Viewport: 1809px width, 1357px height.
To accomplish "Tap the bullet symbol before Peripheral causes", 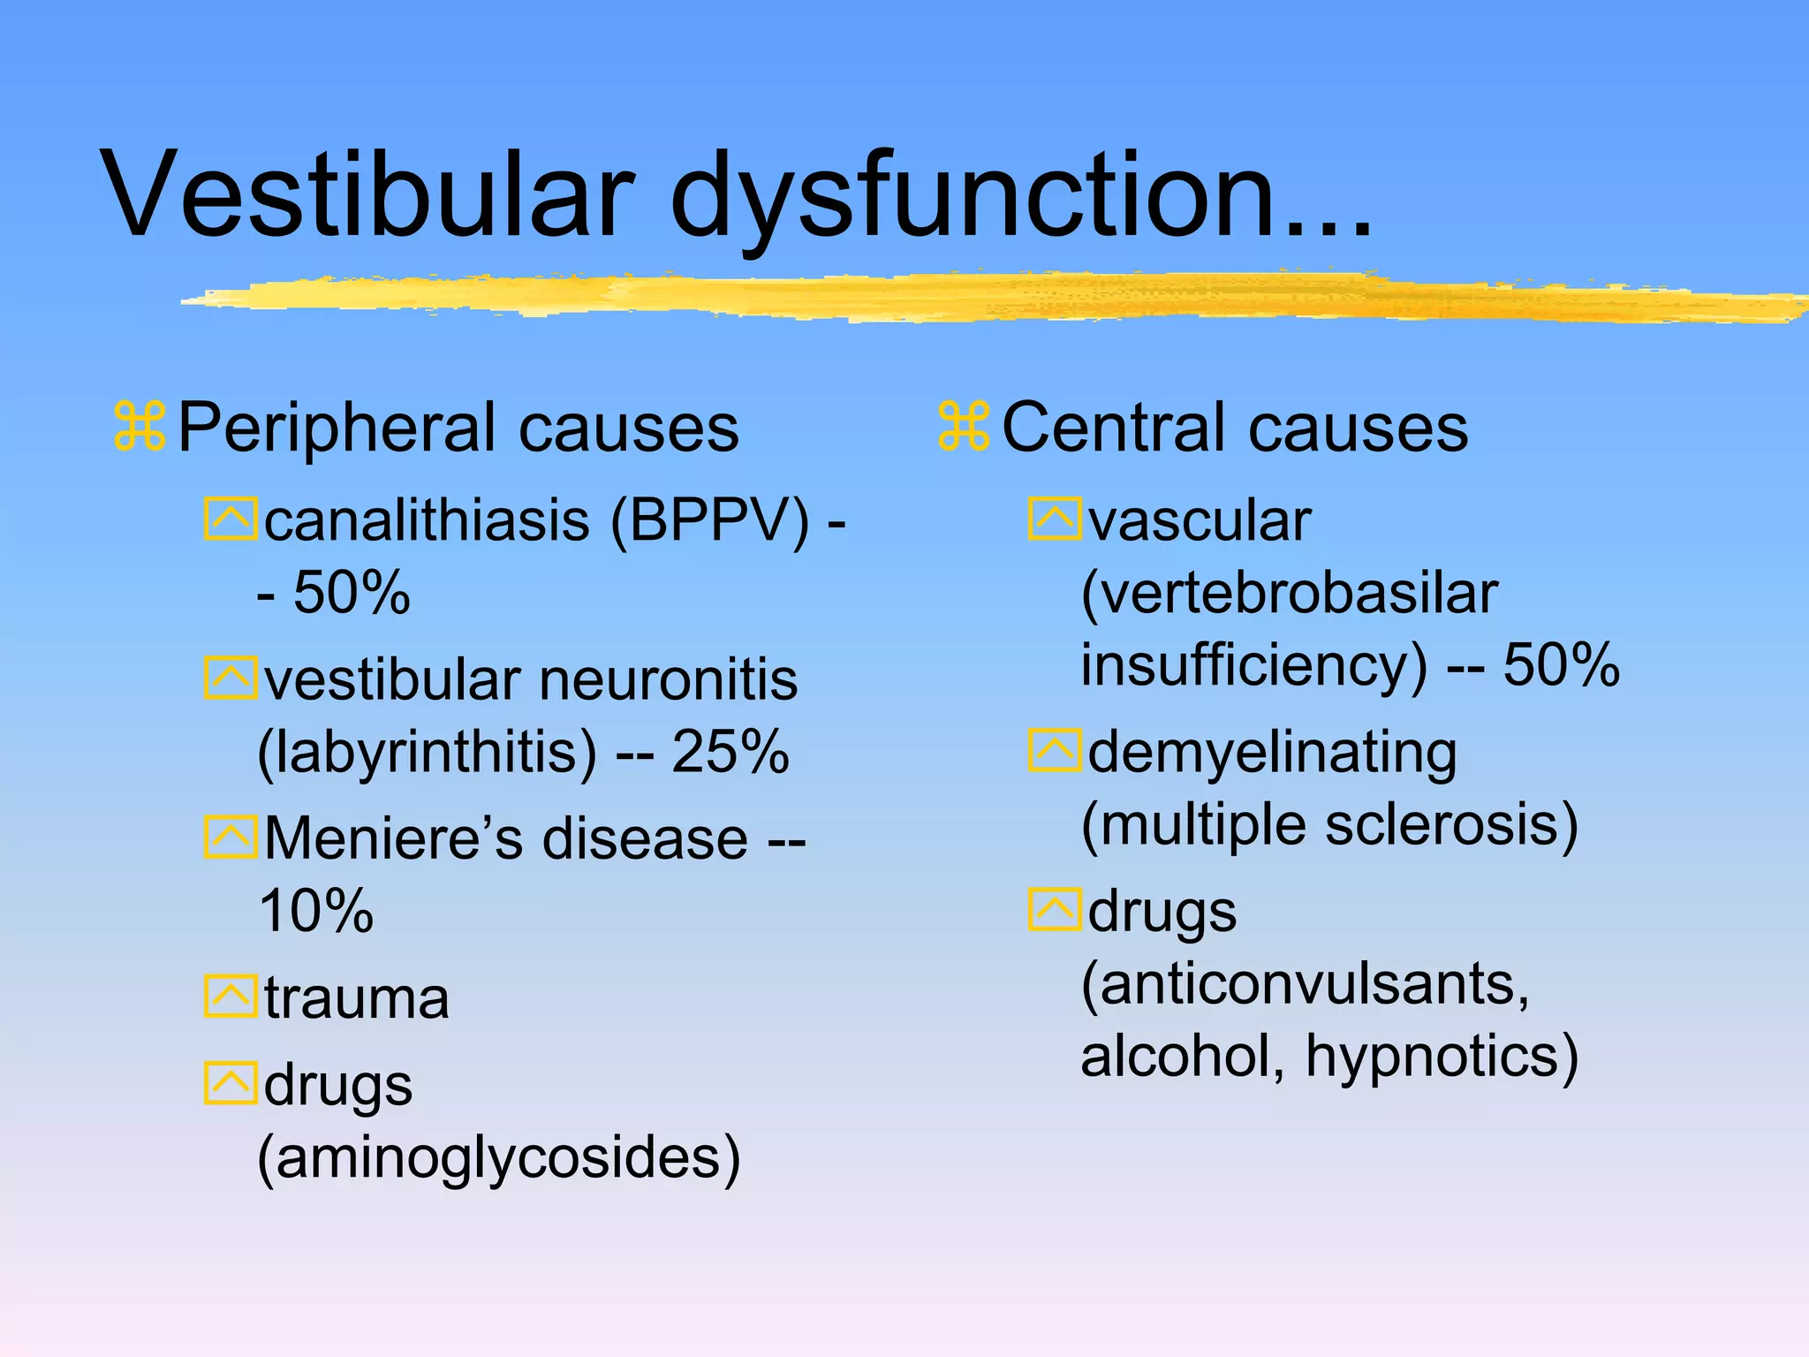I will click(140, 428).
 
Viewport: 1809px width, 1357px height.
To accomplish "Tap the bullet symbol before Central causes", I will click(964, 428).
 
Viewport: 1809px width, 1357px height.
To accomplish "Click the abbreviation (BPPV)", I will click(709, 520).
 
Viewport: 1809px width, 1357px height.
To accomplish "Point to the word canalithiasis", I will click(427, 520).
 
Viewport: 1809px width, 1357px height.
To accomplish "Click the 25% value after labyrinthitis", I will click(730, 752).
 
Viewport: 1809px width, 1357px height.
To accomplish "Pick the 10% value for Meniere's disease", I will click(316, 911).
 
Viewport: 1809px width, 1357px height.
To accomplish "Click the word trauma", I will click(357, 998).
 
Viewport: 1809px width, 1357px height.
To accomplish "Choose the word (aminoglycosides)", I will click(499, 1158).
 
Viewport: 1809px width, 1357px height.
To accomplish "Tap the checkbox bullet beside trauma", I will click(231, 997).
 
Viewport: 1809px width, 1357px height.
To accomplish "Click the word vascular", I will click(1200, 520).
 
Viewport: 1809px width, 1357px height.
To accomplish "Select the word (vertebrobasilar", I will click(1290, 593).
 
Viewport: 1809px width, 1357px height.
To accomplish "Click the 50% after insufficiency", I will click(1561, 664).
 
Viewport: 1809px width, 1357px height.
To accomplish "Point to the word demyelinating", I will click(1272, 753).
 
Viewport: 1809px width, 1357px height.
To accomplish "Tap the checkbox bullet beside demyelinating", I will click(1055, 751).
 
